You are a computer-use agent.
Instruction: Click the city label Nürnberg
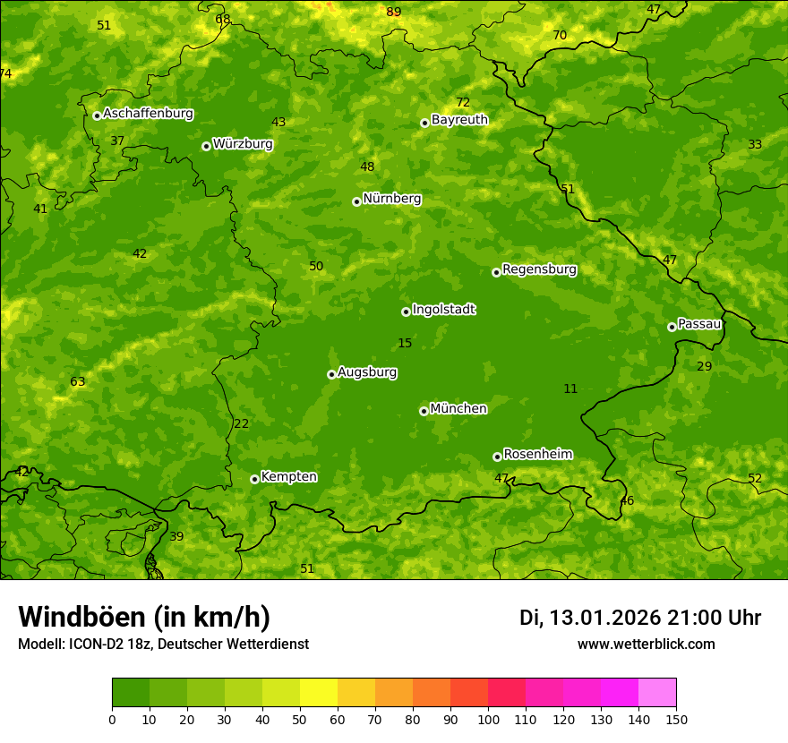tap(391, 199)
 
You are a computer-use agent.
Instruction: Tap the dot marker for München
tap(424, 411)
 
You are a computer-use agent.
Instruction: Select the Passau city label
tap(698, 324)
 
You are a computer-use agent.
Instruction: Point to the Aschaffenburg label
tap(148, 114)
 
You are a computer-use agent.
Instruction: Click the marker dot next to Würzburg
tap(206, 146)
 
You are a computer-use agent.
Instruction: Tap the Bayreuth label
tap(459, 120)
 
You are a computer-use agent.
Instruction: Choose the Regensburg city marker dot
tap(496, 272)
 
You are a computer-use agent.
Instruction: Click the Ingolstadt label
tap(443, 310)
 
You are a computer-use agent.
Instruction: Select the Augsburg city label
tap(367, 372)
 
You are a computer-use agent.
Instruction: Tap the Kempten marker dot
tap(254, 479)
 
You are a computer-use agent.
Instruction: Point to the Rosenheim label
tap(537, 455)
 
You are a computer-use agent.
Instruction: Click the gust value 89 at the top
tap(393, 12)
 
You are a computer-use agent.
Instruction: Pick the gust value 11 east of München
tap(570, 389)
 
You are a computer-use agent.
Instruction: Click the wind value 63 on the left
tap(78, 382)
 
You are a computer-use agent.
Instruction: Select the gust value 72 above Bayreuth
tap(462, 103)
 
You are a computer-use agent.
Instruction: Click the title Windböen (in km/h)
tap(144, 617)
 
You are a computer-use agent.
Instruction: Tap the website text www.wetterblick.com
tap(646, 645)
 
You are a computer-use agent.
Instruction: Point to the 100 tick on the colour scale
tap(488, 719)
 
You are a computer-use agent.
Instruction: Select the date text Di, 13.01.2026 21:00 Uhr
tap(639, 618)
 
